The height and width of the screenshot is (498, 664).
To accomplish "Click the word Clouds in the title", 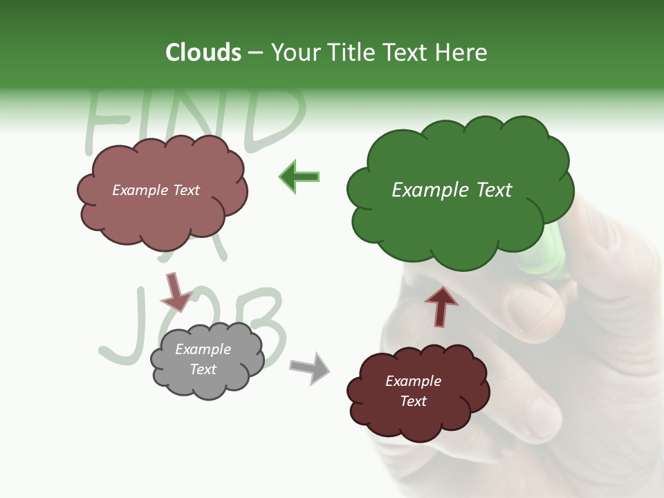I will pyautogui.click(x=203, y=53).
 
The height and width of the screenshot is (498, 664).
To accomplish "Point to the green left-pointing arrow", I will pyautogui.click(x=299, y=176).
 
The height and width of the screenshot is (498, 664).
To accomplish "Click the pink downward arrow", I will pyautogui.click(x=174, y=291).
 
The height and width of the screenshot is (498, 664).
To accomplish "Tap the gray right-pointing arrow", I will pyautogui.click(x=310, y=367).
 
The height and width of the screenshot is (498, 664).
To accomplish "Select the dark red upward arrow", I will pyautogui.click(x=441, y=306).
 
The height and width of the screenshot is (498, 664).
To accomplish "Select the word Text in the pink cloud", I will pyautogui.click(x=185, y=190).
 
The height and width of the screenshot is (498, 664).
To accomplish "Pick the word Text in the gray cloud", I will pyautogui.click(x=203, y=369).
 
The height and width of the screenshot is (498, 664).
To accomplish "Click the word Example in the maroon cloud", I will pyautogui.click(x=413, y=381).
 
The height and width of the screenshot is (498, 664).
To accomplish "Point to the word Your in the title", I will pyautogui.click(x=294, y=53).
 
